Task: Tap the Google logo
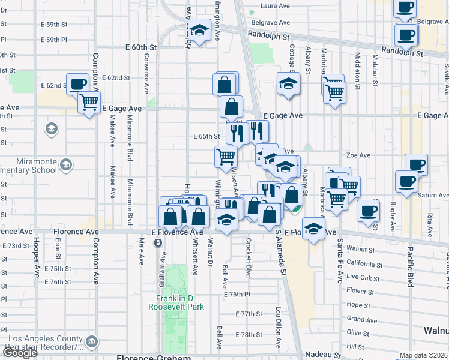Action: click(20, 353)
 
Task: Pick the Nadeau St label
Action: click(323, 355)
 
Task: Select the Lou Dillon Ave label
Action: click(278, 328)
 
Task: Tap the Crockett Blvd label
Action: click(248, 257)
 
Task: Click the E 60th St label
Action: click(141, 47)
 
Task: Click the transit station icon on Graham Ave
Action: click(157, 242)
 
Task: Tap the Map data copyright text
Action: click(424, 355)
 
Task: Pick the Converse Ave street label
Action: click(146, 74)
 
